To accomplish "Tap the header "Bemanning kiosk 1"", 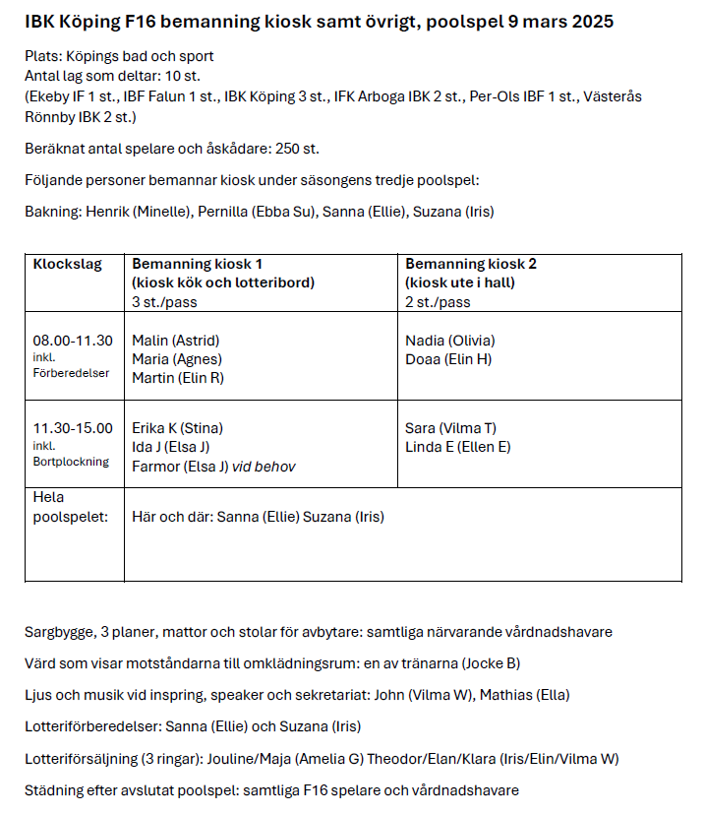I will tap(197, 264).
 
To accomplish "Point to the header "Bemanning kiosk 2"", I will tap(471, 264).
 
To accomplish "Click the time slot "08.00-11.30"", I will tap(73, 341).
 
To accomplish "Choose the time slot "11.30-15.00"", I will tap(73, 427).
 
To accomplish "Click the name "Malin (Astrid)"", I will tap(175, 341).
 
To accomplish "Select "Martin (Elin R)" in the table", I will tap(178, 378).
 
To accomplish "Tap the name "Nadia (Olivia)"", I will tap(450, 341).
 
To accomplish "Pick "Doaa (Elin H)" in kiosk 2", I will tap(448, 359).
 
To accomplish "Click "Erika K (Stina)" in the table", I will tap(177, 428).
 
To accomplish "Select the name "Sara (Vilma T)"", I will tap(450, 428).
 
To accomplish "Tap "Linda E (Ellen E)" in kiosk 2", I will tap(457, 447).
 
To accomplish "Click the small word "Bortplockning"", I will tap(71, 462).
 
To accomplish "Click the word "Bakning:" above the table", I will tap(53, 212).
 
